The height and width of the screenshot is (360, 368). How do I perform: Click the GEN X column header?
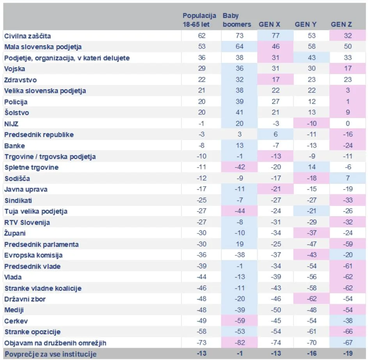point(269,25)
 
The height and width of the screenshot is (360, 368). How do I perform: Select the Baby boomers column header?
point(237,20)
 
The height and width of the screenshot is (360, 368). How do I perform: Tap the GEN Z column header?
point(341,25)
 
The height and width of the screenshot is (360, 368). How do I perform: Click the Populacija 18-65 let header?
point(199,20)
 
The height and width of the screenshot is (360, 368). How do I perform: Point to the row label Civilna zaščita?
point(27,36)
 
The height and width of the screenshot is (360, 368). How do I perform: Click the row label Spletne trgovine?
point(32,168)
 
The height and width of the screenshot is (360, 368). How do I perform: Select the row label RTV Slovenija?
point(27,223)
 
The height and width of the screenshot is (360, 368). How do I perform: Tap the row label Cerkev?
point(16,321)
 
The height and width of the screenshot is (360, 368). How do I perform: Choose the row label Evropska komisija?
point(33,255)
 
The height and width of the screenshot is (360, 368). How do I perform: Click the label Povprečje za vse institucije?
point(50,354)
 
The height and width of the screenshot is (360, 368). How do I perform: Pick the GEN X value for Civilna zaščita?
point(276,36)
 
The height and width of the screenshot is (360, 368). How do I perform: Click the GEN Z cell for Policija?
point(348,102)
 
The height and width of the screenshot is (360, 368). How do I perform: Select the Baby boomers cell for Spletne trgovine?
point(240,167)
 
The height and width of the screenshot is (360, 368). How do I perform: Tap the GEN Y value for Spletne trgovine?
point(312,167)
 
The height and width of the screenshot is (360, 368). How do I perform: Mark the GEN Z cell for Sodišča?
point(348,178)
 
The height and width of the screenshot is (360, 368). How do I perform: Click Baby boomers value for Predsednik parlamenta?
point(240,244)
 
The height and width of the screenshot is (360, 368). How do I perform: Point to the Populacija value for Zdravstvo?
point(202,80)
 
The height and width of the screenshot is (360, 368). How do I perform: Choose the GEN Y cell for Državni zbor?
point(312,299)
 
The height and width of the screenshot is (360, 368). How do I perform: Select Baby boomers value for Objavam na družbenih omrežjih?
point(240,342)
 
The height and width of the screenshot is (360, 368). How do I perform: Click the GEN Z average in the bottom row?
point(348,353)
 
